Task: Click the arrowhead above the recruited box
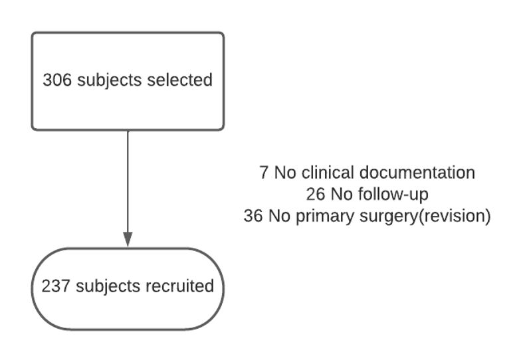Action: pos(128,239)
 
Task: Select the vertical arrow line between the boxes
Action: pos(128,179)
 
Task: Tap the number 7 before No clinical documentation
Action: pos(264,173)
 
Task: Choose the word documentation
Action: pos(417,173)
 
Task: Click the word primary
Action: pos(312,217)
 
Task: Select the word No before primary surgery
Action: pos(278,217)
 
